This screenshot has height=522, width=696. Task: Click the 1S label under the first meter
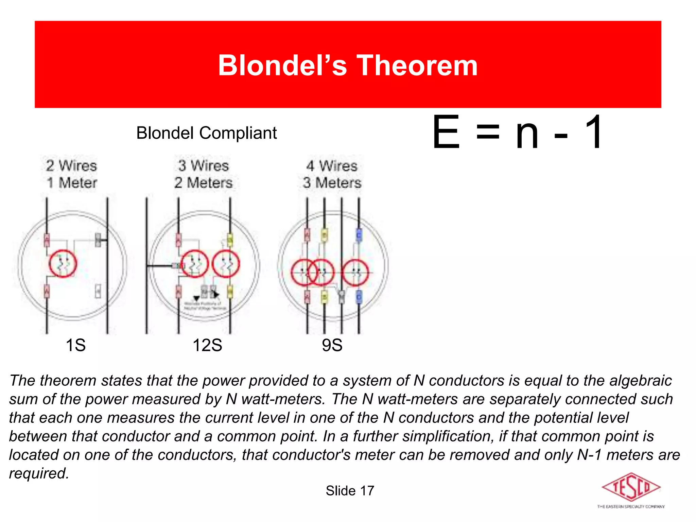click(75, 345)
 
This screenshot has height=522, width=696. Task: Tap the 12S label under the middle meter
click(207, 345)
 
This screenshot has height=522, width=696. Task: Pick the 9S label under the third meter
click(332, 345)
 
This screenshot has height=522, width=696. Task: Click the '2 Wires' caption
click(72, 166)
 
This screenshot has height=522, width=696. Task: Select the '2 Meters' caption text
click(204, 183)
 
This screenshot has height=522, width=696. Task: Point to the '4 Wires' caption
click(332, 166)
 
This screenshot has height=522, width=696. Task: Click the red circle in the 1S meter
click(63, 264)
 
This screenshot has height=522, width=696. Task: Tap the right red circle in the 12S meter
click(226, 264)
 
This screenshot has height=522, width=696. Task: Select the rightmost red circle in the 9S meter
click(355, 272)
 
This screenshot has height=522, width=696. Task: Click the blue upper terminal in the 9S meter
click(359, 234)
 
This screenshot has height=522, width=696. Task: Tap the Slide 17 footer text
click(350, 491)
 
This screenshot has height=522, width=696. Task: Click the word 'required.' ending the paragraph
click(39, 473)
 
